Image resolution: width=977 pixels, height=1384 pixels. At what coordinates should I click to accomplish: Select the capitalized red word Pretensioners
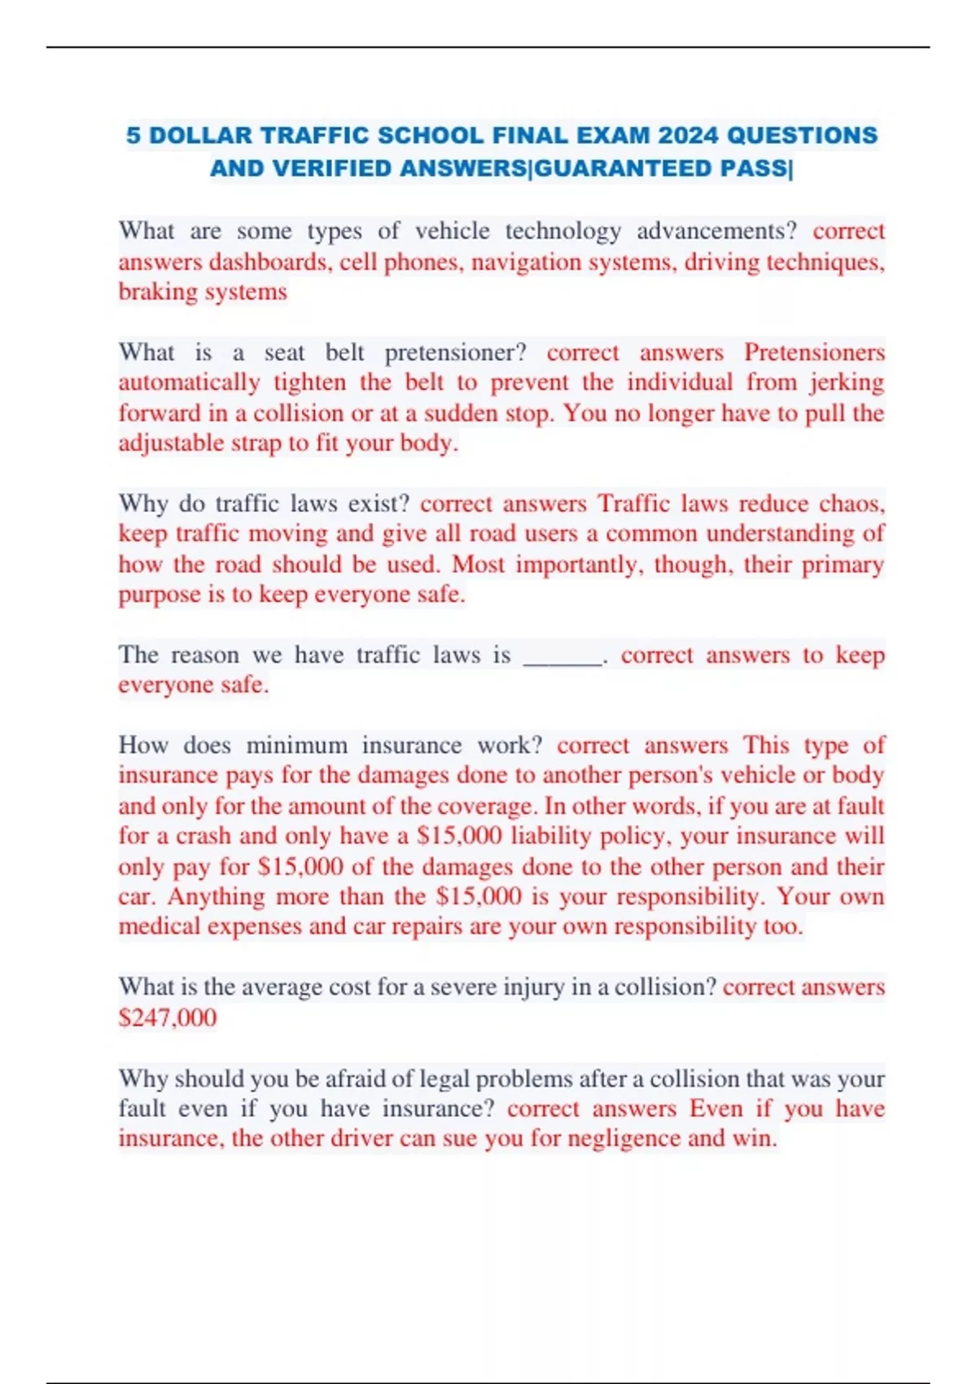(x=814, y=353)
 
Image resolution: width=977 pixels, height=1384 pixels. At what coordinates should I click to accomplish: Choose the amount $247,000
(x=168, y=1018)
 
